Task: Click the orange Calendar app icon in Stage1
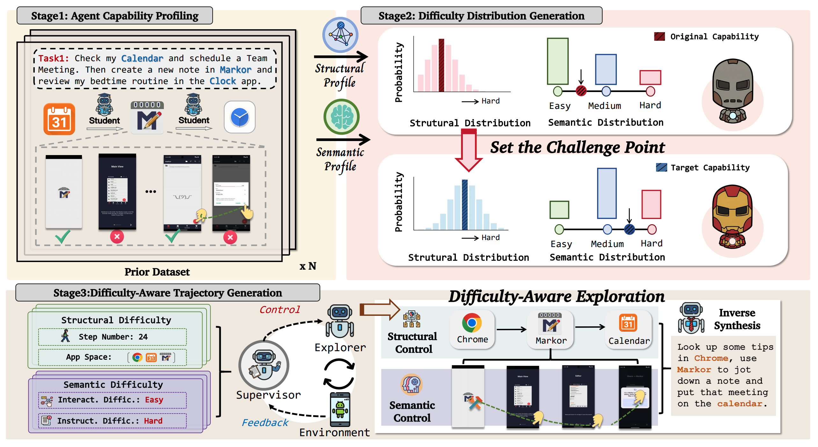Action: click(x=59, y=119)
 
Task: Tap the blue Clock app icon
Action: click(x=240, y=117)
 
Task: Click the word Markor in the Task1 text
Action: click(x=235, y=70)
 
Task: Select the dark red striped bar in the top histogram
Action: click(x=441, y=65)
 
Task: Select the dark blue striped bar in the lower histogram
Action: click(x=465, y=205)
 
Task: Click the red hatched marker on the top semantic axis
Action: click(x=581, y=91)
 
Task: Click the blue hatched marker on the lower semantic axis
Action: click(x=629, y=229)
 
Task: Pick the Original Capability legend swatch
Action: click(x=659, y=37)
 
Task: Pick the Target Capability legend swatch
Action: click(x=661, y=167)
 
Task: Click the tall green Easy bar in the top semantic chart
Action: click(x=558, y=61)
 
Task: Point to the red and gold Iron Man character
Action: click(x=733, y=216)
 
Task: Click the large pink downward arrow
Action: click(x=469, y=150)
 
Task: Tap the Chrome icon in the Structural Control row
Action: click(x=472, y=323)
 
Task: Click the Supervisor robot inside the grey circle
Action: click(x=264, y=365)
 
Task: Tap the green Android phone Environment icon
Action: click(x=340, y=409)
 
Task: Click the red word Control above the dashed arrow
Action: click(x=280, y=309)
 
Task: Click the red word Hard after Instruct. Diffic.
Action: click(x=153, y=421)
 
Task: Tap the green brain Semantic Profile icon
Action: click(x=341, y=117)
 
